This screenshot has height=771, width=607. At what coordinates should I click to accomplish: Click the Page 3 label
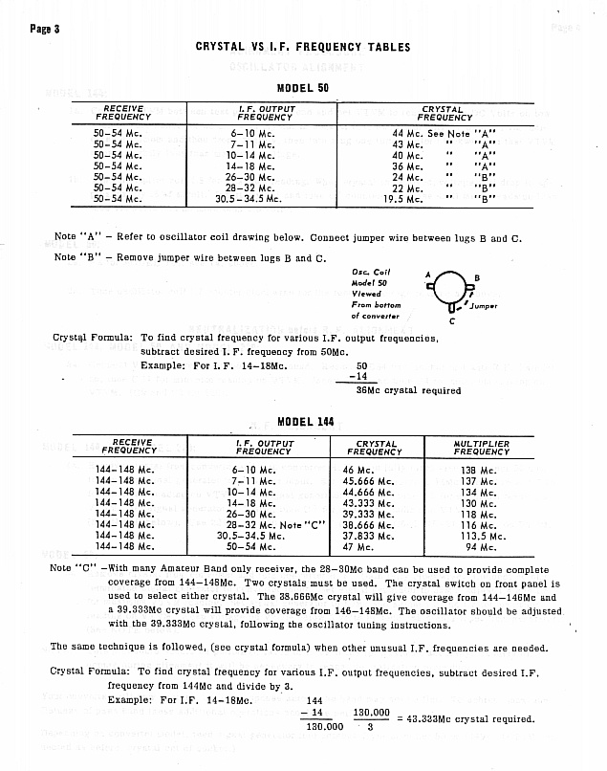click(x=45, y=28)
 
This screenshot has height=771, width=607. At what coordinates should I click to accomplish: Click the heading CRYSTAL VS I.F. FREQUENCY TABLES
click(x=302, y=47)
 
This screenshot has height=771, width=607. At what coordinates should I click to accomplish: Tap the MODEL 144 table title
click(x=303, y=422)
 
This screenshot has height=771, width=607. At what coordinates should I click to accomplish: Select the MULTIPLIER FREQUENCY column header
click(x=482, y=448)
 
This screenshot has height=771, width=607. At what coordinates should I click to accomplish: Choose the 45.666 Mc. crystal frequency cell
click(x=369, y=481)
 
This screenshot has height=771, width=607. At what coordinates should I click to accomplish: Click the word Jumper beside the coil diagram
click(x=485, y=306)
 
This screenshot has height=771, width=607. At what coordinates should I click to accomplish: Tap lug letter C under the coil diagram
click(x=451, y=321)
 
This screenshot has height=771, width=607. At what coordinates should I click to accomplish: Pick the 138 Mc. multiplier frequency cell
click(x=475, y=470)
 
